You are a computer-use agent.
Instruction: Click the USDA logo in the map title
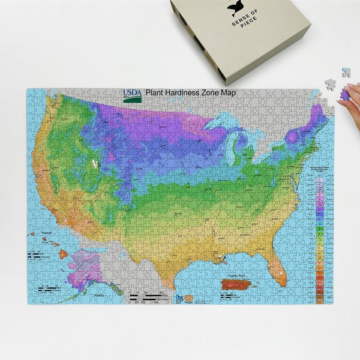pyautogui.click(x=133, y=94)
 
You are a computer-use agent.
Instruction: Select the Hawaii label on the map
pyautogui.click(x=46, y=233)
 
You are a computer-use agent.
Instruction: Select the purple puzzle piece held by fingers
pyautogui.click(x=347, y=92)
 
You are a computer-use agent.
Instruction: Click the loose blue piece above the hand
pyautogui.click(x=346, y=73)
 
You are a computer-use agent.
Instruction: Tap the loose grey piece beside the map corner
pyautogui.click(x=331, y=83)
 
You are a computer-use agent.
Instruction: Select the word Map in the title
pyautogui.click(x=229, y=92)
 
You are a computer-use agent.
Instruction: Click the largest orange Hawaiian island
pyautogui.click(x=62, y=254)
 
